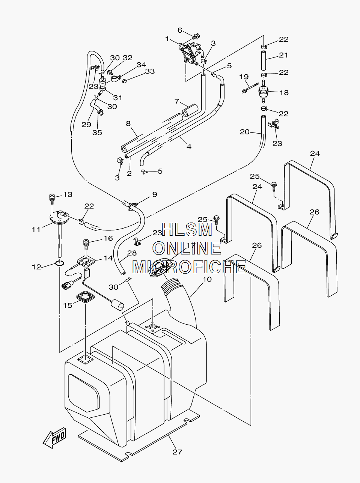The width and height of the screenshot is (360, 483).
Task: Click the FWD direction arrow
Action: coord(54,438)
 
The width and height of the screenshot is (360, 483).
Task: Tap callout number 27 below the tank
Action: coord(178,452)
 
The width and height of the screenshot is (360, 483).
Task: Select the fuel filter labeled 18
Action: coord(264,92)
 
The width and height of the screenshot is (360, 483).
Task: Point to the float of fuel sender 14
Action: coord(117,305)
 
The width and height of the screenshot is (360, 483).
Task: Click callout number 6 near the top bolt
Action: coord(179,30)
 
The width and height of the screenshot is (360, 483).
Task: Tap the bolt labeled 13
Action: coord(52,199)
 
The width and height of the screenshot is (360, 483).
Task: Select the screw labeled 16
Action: coord(86,245)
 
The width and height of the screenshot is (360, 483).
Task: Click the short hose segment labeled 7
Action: coord(190,111)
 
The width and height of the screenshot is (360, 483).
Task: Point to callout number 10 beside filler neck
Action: coord(207,279)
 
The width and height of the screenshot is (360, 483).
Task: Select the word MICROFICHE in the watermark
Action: coord(190,267)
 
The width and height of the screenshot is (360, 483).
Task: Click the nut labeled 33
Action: coord(124,81)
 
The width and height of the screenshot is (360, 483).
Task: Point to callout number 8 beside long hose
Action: coord(128,123)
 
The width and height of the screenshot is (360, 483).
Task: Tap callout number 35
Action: coord(97,132)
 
